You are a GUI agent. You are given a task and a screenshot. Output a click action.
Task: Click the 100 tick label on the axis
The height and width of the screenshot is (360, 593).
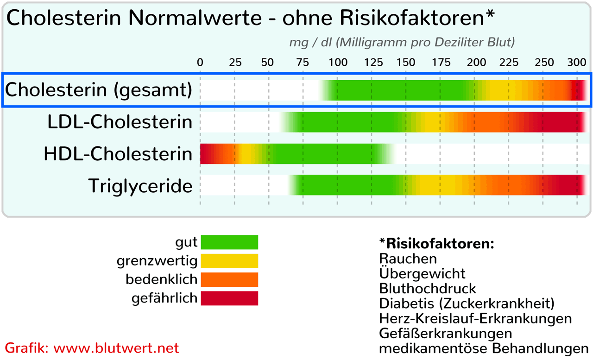tap(337, 63)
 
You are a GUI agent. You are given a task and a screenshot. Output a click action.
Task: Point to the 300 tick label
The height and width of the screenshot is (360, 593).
tap(576, 63)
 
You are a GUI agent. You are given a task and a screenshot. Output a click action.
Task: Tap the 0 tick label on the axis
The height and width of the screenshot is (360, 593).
tap(200, 63)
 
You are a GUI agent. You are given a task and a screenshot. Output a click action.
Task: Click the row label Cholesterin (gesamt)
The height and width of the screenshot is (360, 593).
tap(98, 90)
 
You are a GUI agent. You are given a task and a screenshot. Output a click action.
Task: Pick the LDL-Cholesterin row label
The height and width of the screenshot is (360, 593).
tap(120, 122)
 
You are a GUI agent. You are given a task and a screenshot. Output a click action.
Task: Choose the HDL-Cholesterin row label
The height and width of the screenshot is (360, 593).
tap(118, 154)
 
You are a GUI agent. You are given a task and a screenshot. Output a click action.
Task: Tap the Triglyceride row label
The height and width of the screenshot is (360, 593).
tap(140, 186)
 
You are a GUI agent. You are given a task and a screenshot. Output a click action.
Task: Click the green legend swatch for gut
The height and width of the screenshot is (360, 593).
tap(229, 242)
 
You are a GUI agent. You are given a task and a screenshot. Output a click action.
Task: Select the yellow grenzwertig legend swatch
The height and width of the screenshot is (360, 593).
tap(229, 261)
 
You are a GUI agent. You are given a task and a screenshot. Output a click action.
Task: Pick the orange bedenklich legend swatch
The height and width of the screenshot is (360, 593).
tap(229, 279)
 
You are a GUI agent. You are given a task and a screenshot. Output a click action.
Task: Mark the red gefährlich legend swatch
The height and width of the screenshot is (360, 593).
tap(229, 298)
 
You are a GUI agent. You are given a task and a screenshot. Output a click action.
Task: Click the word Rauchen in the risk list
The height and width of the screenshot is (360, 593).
tap(408, 258)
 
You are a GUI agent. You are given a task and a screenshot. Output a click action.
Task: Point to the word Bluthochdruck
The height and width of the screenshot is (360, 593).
tap(427, 288)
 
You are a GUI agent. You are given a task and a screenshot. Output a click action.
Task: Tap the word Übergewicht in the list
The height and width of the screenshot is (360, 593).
tap(422, 273)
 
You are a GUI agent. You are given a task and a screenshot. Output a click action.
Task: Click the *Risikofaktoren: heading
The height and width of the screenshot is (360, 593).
tap(436, 243)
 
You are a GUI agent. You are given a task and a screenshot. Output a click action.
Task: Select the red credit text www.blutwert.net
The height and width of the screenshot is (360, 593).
tap(116, 348)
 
